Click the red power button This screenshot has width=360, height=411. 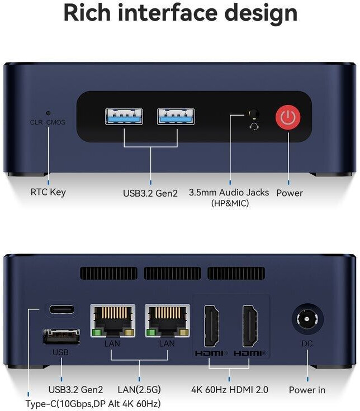click(288, 117)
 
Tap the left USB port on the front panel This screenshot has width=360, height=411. click(124, 116)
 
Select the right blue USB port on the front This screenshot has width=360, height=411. click(176, 116)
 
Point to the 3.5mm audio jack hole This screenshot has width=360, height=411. click(254, 113)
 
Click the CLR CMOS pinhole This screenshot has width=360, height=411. click(48, 113)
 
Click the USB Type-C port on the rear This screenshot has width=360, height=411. click(61, 309)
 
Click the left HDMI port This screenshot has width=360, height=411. click(211, 326)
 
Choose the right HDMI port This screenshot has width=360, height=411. click(249, 326)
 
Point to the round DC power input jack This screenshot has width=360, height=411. click(307, 320)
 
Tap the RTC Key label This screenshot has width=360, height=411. click(48, 192)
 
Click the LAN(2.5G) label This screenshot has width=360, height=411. click(139, 390)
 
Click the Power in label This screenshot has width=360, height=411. click(307, 390)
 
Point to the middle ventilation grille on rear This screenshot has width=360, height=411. click(172, 273)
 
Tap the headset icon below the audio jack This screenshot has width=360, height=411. click(254, 126)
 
